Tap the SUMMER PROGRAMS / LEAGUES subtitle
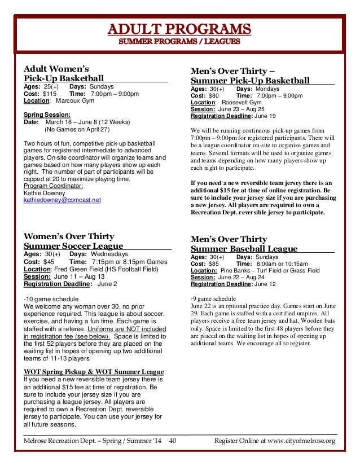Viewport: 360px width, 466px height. pos(179,41)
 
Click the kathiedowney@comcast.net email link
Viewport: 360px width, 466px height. pos(62,200)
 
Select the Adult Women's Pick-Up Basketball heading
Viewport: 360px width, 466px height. pos(64,74)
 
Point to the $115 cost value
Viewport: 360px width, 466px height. pos(50,94)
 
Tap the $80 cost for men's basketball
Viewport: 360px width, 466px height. pos(213,96)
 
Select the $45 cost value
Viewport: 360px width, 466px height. pos(49,262)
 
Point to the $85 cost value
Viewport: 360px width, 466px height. pos(213,263)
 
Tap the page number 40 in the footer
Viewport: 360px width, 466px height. pos(173,441)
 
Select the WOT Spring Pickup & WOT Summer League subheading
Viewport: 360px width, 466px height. pos(94,372)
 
